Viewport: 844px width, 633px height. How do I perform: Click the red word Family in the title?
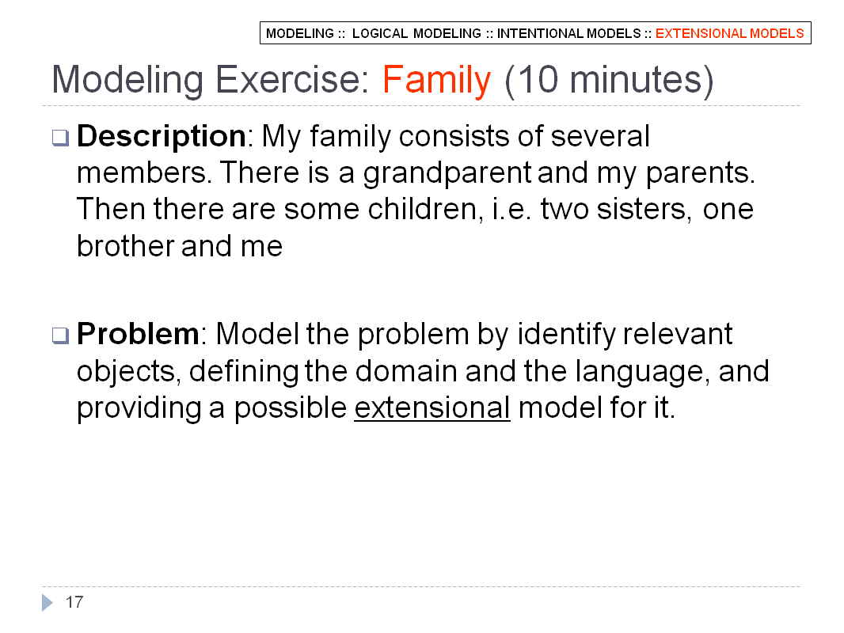point(436,81)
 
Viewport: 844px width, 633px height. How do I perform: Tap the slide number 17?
point(74,602)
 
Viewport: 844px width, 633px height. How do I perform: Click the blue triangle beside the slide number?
point(48,602)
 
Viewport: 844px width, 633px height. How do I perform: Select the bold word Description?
point(162,137)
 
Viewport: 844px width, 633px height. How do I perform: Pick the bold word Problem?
point(138,334)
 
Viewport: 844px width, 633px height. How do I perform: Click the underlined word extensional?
point(432,407)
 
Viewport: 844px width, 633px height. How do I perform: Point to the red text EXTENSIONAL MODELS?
point(729,33)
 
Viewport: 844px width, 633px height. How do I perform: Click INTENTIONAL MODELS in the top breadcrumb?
point(568,33)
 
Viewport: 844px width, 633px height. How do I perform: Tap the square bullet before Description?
point(60,138)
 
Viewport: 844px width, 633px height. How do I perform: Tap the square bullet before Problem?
point(60,335)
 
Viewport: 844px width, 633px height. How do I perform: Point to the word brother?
point(125,246)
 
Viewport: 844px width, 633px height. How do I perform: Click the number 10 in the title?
point(539,80)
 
